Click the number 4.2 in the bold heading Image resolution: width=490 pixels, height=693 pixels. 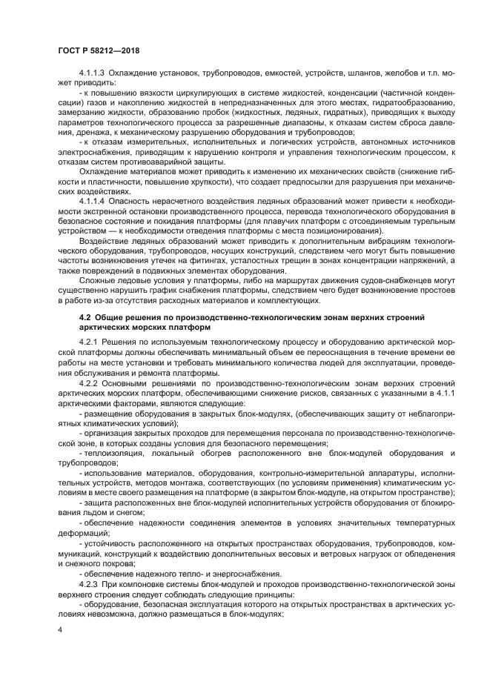click(x=85, y=316)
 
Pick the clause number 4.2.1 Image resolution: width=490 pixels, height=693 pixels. click(x=90, y=342)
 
